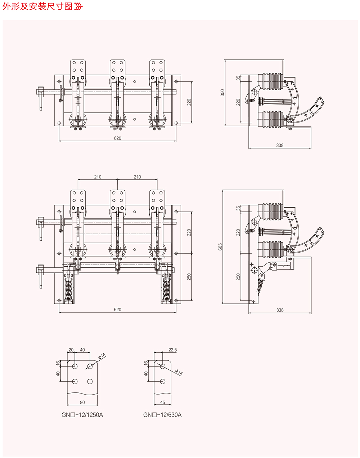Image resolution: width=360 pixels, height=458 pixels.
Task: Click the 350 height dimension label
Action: [x=222, y=93]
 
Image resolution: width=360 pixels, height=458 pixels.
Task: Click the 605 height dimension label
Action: [x=220, y=246]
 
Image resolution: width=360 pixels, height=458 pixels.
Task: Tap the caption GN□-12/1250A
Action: [x=82, y=415]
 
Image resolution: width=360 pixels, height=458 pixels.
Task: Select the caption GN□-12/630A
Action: [x=162, y=415]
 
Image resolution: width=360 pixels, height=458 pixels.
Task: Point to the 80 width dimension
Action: [x=82, y=403]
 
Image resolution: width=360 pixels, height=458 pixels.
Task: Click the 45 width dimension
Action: [x=162, y=403]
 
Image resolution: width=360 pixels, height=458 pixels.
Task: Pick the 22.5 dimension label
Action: [x=173, y=350]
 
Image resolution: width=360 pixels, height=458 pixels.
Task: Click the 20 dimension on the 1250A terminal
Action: [x=71, y=350]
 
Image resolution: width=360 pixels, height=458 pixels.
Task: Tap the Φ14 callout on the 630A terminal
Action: [x=179, y=372]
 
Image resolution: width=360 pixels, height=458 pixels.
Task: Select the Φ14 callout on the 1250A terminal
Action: [x=102, y=356]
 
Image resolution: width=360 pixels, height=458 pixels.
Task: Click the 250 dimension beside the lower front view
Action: [x=189, y=277]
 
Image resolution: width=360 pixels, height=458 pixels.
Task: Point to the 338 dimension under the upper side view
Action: [x=280, y=145]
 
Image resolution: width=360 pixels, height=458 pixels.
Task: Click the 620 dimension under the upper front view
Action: [x=118, y=138]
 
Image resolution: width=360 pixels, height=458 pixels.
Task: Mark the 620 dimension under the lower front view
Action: [x=118, y=310]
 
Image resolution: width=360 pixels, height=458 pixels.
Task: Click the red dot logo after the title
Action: [x=78, y=6]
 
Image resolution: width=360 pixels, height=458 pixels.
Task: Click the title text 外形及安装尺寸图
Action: [x=37, y=6]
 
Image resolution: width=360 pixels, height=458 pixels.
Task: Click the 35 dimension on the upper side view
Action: [x=238, y=78]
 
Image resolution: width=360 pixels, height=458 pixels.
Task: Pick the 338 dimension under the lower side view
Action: [x=280, y=310]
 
